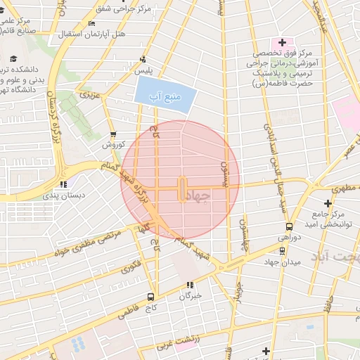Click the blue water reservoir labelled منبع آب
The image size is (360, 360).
click(163, 95)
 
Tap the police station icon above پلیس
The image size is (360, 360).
click(143, 60)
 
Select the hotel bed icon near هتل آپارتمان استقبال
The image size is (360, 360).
click(92, 23)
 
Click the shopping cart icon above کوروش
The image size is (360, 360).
click(113, 134)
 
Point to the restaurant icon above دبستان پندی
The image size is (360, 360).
click(63, 184)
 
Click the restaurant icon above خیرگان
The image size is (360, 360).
click(189, 285)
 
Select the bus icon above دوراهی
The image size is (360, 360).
click(289, 226)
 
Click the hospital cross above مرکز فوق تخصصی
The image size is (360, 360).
click(283, 43)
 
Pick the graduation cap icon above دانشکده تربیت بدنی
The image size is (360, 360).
click(14, 59)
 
